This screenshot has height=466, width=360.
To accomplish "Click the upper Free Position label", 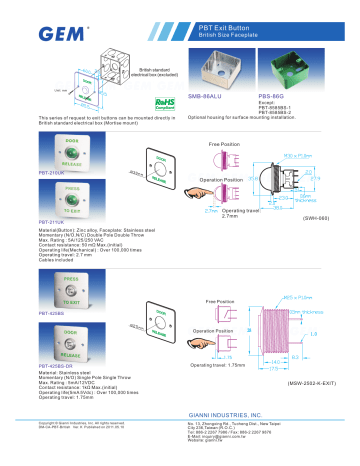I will click(223, 145).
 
